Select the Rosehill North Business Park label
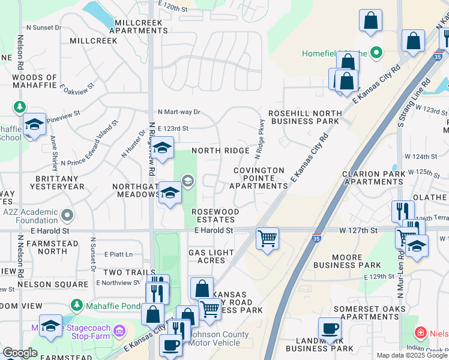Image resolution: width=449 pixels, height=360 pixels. [304, 117]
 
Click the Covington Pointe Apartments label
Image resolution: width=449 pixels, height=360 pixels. [259, 178]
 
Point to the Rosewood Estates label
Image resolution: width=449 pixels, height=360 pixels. [215, 215]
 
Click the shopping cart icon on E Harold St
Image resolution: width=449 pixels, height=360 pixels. [267, 238]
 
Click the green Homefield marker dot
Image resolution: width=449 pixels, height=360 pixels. [376, 53]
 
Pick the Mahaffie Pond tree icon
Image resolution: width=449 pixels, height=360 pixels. [77, 305]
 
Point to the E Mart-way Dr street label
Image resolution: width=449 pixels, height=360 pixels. [179, 112]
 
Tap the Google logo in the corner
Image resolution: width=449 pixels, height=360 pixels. [20, 352]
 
